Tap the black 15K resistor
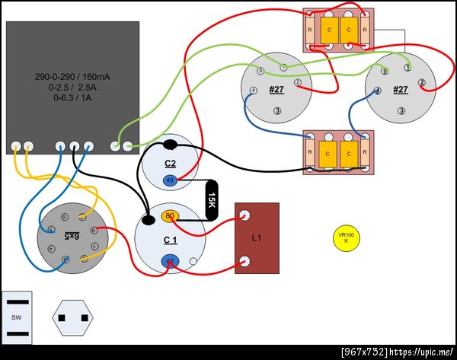[x=212, y=199]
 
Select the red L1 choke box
[x=257, y=238]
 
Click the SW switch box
[x=16, y=317]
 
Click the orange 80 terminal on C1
[x=170, y=216]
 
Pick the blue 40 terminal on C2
[x=170, y=180]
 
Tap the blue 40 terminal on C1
[x=170, y=262]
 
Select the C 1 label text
[x=170, y=240]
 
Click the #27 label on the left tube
[x=276, y=90]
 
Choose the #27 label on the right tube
[x=401, y=90]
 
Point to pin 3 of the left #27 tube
[x=276, y=111]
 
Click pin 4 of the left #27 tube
[x=253, y=92]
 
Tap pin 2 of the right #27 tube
[x=422, y=81]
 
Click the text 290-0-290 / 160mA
[x=73, y=78]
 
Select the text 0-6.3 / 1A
[x=73, y=97]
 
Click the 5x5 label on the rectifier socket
[x=72, y=237]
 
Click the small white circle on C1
[x=193, y=263]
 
